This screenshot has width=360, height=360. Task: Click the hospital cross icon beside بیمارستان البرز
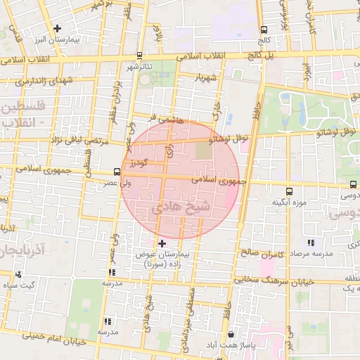58,28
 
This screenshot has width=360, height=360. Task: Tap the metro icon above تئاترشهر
139,56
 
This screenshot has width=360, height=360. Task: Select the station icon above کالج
264,30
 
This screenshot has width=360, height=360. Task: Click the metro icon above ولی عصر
117,171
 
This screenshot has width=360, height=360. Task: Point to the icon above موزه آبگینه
289,191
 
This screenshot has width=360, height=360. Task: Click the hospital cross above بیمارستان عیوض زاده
162,243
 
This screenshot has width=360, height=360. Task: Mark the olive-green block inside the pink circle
202,150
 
